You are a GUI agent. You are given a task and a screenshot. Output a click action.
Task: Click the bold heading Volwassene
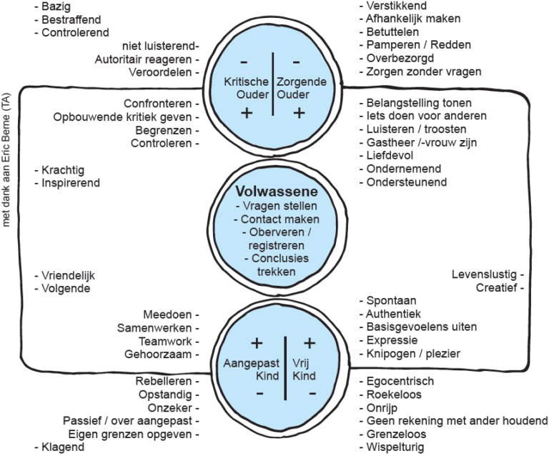(x=277, y=192)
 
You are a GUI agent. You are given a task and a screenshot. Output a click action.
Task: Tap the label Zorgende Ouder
(x=301, y=89)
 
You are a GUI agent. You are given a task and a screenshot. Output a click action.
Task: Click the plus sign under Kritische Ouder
(x=247, y=113)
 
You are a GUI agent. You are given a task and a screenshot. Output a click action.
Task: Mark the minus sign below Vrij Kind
(x=310, y=394)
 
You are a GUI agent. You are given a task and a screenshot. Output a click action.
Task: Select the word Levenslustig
(x=483, y=274)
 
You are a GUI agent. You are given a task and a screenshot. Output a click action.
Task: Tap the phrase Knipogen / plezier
(x=412, y=354)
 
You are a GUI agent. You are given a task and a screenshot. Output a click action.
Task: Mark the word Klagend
(x=59, y=447)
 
